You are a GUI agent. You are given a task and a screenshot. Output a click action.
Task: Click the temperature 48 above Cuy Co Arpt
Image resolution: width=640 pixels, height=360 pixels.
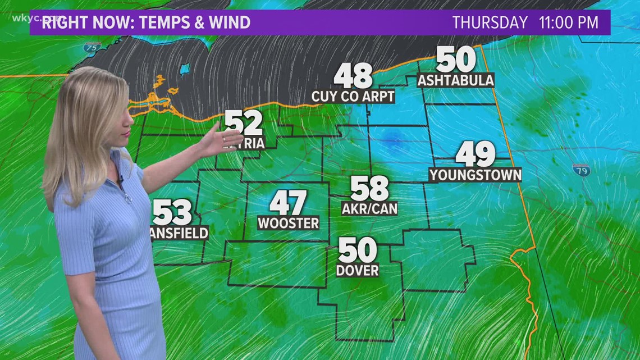click(353, 76)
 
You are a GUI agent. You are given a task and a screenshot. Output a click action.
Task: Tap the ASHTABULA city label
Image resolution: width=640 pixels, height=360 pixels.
click(455, 80)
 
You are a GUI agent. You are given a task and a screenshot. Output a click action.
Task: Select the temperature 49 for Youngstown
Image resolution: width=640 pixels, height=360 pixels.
click(475, 154)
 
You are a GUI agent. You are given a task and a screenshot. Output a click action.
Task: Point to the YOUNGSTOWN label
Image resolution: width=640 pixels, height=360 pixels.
click(475, 175)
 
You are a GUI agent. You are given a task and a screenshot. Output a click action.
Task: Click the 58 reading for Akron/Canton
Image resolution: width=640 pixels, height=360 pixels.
click(369, 189)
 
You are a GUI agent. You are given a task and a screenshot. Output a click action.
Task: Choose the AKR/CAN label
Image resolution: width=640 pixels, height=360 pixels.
click(369, 209)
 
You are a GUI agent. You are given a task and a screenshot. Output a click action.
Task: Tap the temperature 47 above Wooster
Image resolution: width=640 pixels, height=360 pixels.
click(288, 203)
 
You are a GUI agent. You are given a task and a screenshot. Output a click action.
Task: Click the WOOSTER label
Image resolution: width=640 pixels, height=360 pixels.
click(288, 223)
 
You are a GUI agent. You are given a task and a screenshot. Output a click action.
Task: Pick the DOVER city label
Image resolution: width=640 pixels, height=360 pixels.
click(357, 270)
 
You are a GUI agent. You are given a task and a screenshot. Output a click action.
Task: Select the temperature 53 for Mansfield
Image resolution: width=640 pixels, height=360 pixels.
click(172, 213)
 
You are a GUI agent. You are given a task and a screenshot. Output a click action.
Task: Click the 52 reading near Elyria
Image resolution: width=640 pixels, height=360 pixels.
click(244, 123)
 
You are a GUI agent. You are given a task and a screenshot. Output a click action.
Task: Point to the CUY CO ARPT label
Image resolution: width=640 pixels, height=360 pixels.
click(353, 97)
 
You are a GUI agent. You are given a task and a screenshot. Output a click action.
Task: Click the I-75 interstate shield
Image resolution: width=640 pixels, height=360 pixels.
click(92, 48)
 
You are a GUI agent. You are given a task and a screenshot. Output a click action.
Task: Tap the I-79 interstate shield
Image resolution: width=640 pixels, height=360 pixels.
click(581, 170)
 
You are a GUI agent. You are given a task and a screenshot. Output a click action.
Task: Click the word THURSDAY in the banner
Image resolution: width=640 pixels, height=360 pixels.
click(490, 23)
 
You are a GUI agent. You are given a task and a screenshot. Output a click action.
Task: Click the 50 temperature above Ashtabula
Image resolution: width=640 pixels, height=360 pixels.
click(455, 60)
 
